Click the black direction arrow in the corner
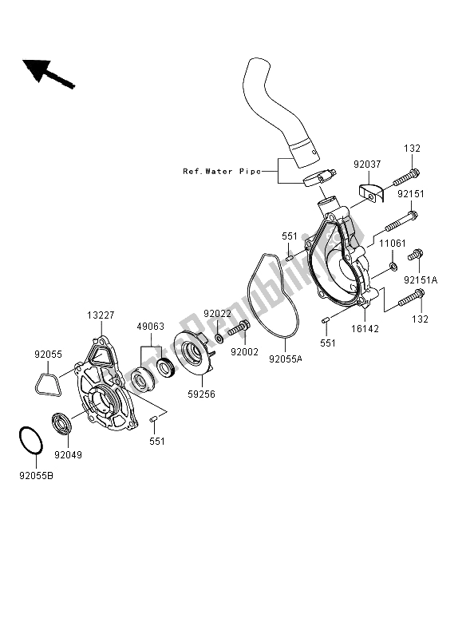click(x=48, y=73)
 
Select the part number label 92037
click(x=367, y=164)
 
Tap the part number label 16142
click(x=365, y=328)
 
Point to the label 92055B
click(x=36, y=475)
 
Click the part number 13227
click(x=101, y=315)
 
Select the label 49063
click(x=151, y=327)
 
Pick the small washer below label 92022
click(x=219, y=338)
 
